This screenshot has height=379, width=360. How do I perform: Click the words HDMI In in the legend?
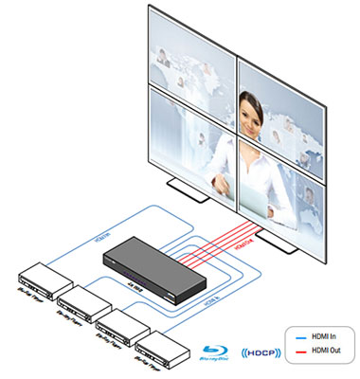click(x=321, y=333)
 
